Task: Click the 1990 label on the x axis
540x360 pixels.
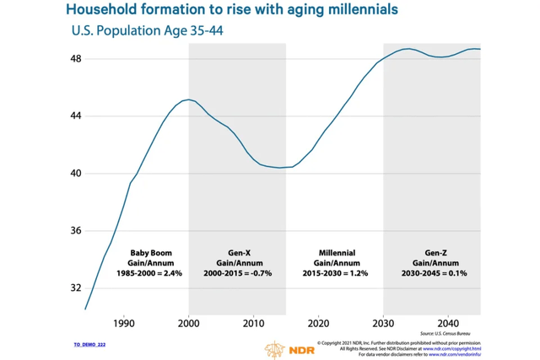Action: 124,323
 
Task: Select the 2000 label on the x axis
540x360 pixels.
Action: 189,323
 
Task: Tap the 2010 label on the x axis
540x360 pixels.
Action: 254,323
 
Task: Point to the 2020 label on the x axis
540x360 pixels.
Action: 319,323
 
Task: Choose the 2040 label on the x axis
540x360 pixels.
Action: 449,323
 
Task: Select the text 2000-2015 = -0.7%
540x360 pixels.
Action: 238,273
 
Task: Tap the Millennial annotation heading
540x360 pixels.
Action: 336,253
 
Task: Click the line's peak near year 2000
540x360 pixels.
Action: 187,99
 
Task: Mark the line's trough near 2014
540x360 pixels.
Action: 279,168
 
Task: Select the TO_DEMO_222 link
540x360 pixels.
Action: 89,345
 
